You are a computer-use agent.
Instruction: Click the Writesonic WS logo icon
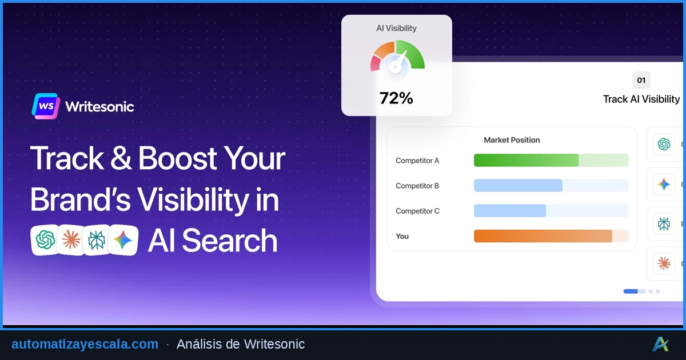(46, 106)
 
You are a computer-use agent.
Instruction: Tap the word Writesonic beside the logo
(99, 107)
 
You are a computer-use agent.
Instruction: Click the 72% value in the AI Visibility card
(396, 98)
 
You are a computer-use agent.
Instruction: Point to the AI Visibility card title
(396, 28)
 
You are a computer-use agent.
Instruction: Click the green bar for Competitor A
(526, 161)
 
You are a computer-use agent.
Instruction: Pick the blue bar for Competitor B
(518, 186)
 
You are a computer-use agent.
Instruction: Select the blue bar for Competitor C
(510, 211)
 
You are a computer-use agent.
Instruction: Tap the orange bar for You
(543, 236)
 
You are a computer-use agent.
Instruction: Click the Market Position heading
(512, 140)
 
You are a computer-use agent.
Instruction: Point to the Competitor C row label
(417, 211)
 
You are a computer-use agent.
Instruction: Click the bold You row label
(402, 236)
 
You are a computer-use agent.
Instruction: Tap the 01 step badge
(641, 80)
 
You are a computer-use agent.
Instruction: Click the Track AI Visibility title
(641, 99)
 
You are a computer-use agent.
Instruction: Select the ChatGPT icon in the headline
(45, 240)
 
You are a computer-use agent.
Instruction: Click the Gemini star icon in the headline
(123, 240)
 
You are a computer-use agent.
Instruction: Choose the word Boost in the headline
(178, 158)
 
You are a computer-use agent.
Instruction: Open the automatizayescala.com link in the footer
(85, 344)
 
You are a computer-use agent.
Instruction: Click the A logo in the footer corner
(661, 344)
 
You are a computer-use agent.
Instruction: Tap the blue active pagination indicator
(631, 291)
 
